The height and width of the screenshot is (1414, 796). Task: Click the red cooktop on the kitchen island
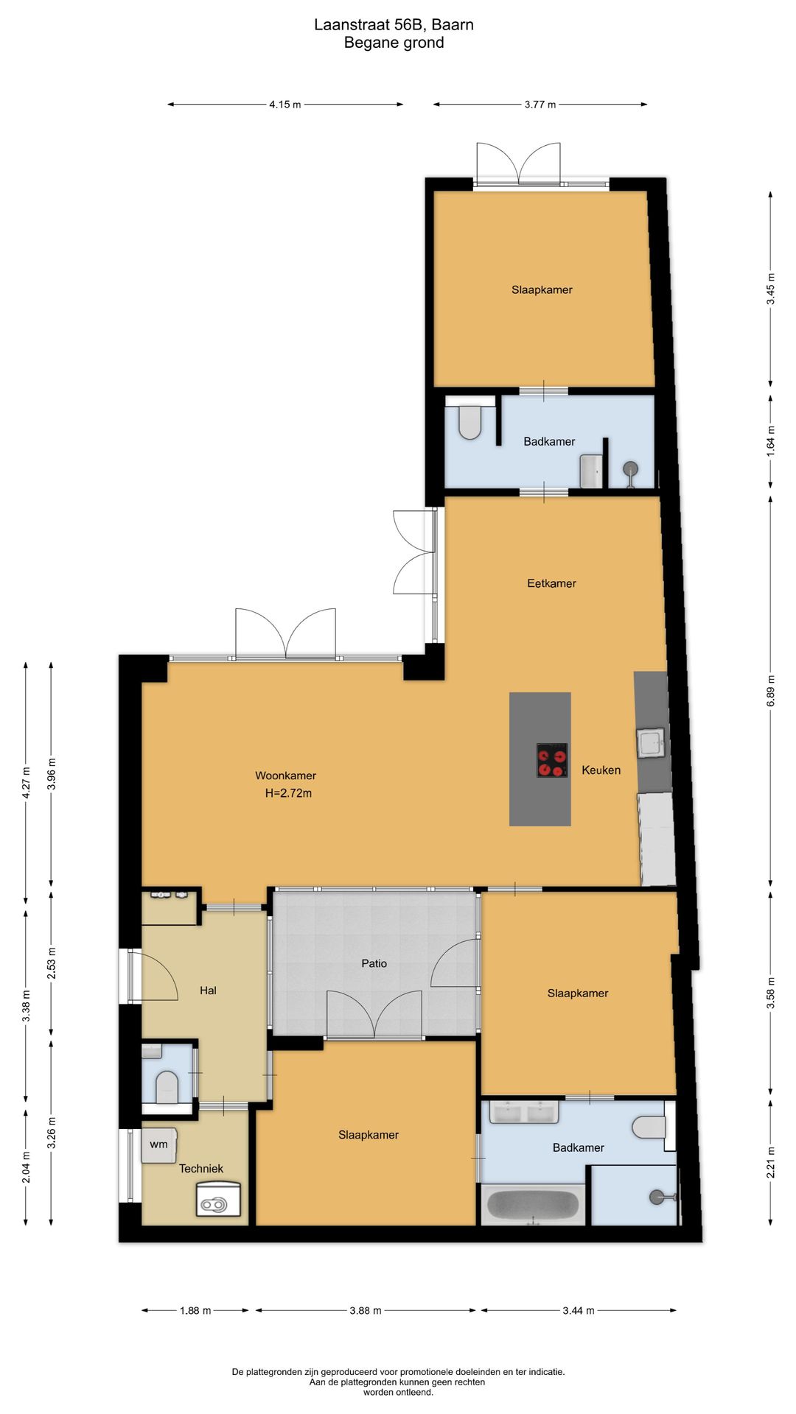[552, 760]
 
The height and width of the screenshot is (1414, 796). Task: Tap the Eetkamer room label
[551, 583]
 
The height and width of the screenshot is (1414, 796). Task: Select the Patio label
[374, 963]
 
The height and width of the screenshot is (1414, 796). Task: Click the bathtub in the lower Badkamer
[533, 1205]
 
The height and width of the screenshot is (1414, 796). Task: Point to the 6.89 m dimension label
[771, 691]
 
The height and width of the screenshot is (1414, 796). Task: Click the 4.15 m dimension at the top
[285, 105]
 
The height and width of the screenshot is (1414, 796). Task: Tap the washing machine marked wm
[159, 1145]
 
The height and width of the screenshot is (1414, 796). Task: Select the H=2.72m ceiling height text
[288, 793]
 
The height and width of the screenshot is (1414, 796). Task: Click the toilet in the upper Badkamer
[469, 421]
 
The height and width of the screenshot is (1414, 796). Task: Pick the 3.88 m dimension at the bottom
[366, 1310]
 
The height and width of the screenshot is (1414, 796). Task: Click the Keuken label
[601, 770]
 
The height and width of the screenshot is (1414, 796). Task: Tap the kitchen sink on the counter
[652, 743]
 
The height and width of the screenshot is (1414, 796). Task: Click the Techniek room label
[201, 1169]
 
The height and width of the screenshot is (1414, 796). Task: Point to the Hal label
[208, 991]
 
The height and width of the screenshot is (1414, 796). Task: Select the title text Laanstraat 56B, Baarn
[394, 24]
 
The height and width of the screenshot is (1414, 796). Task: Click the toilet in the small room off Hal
[167, 1086]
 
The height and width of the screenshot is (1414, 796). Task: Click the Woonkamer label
[285, 775]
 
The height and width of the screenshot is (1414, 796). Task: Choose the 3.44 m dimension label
[579, 1310]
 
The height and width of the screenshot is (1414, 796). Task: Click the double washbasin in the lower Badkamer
[524, 1111]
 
